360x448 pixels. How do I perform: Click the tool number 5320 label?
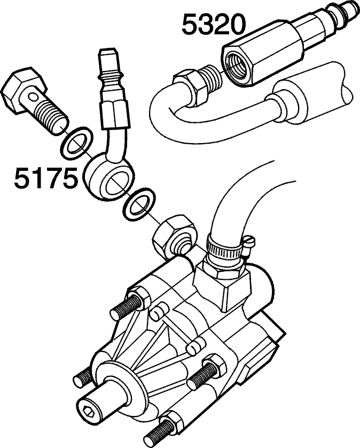(x=214, y=25)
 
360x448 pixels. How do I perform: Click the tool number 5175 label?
(x=46, y=178)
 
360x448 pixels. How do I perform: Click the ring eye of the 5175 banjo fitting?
(x=109, y=177)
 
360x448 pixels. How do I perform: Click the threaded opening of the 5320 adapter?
(x=235, y=66)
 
